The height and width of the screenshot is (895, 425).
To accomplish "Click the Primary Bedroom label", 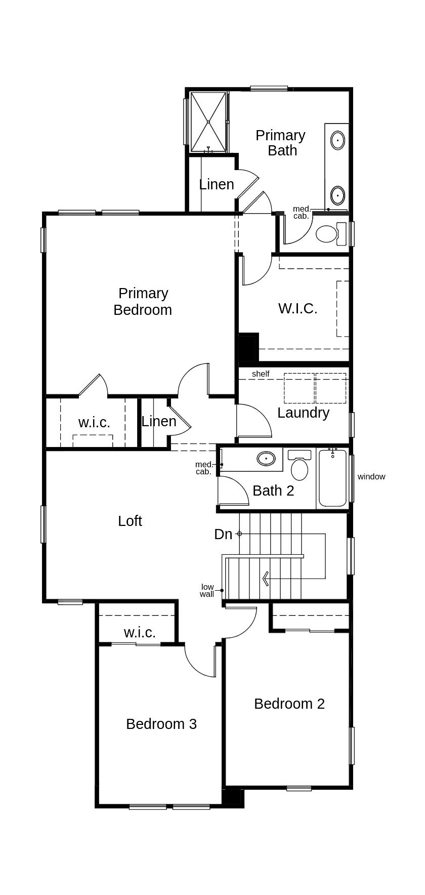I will coord(143,301).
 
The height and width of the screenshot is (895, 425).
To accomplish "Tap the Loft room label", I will coord(130,521).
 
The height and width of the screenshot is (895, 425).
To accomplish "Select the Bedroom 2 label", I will coord(289,704).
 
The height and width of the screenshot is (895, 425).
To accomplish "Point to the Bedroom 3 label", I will coord(161,724).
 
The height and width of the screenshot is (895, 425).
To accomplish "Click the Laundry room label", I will coord(303,413).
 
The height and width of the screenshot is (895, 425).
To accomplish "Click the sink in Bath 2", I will coord(266,459).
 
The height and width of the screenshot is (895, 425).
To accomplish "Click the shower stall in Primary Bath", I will coord(208,121).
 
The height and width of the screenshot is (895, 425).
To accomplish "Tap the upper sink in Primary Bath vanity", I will coord(338,139).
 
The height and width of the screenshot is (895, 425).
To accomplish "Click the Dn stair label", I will coord(223,534).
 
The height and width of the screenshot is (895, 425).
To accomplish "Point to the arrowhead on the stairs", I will coord(265,578).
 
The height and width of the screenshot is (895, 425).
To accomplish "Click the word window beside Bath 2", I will coord(371,476).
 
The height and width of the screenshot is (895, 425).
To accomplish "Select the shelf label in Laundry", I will coord(261,374).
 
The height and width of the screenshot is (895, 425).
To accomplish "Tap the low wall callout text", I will coord(207,591).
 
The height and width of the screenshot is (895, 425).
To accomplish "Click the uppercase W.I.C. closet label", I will coord(297,308).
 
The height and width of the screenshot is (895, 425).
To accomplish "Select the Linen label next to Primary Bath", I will coord(217,184).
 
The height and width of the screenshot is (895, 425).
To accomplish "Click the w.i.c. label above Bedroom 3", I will coord(140,632).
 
